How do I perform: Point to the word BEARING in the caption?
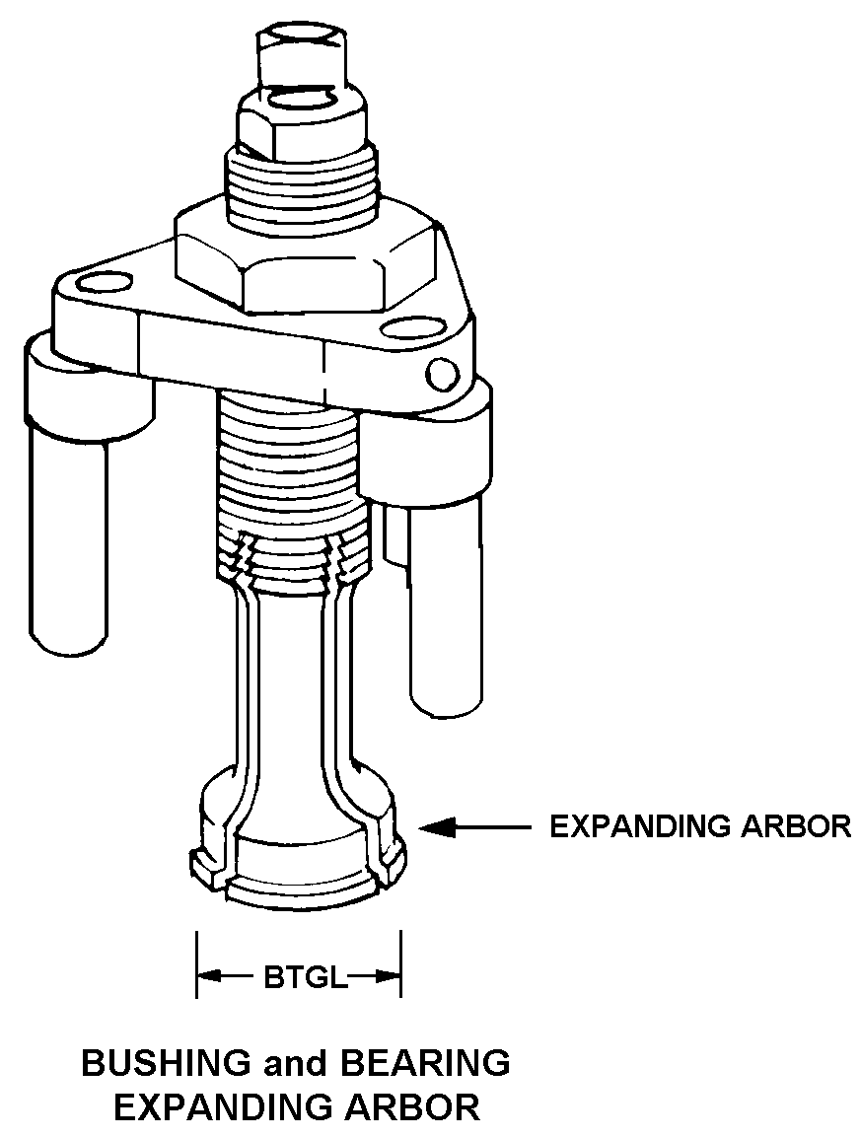click(x=425, y=1063)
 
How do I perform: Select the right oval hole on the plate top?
click(x=404, y=327)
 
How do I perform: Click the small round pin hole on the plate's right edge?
click(x=442, y=372)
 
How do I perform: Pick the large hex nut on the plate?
click(x=306, y=258)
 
